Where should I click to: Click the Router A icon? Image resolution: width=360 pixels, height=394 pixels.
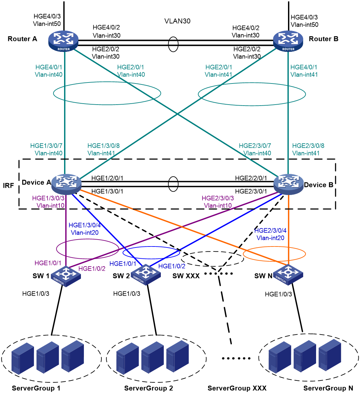[x=63, y=41]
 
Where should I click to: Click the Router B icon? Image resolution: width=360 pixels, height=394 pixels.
[x=288, y=41]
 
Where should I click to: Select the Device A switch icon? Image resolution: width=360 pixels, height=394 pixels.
[x=66, y=184]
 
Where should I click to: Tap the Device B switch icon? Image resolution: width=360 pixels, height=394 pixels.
[x=288, y=184]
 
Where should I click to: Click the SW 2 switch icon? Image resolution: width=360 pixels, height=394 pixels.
[x=146, y=275]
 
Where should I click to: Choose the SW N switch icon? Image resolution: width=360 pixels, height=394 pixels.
[x=288, y=275]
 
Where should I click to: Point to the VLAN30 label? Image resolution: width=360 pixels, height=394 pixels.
[x=177, y=21]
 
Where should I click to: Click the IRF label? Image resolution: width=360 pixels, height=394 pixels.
[x=8, y=185]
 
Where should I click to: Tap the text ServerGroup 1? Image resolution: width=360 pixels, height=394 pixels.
[x=36, y=388]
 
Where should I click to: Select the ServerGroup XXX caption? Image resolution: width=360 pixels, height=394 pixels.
[x=237, y=388]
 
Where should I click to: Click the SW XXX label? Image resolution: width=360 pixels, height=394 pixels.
[x=186, y=276]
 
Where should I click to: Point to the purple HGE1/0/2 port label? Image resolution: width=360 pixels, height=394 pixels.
[x=92, y=269]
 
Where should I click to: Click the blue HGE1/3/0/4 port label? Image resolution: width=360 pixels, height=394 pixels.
[x=85, y=225]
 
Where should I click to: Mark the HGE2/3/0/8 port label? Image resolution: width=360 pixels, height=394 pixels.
[x=308, y=146]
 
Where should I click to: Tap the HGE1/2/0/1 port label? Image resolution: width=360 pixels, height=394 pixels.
[x=107, y=178]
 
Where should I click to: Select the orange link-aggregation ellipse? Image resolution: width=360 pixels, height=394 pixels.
[x=274, y=247]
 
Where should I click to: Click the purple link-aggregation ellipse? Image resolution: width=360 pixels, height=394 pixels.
[x=87, y=239]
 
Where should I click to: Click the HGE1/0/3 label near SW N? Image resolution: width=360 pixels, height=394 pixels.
[x=278, y=294]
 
